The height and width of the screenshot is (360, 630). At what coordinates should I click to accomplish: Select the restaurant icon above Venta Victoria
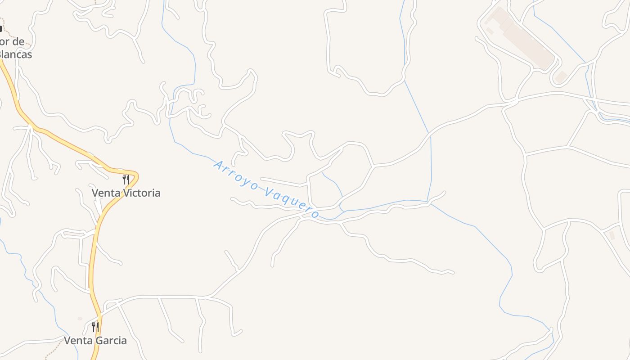pyautogui.click(x=126, y=180)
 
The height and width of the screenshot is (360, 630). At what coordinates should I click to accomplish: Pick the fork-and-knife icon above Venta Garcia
pyautogui.click(x=95, y=327)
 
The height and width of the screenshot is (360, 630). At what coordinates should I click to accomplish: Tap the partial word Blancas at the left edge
pyautogui.click(x=16, y=54)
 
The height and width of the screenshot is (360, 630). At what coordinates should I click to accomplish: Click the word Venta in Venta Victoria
pyautogui.click(x=103, y=193)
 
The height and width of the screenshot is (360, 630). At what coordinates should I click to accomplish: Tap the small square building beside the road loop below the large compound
pyautogui.click(x=561, y=77)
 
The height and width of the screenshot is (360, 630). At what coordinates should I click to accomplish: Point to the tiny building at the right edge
pyautogui.click(x=612, y=235)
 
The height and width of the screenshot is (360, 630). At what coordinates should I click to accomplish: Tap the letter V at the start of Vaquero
pyautogui.click(x=269, y=193)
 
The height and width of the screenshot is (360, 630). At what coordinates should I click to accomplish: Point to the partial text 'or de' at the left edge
pyautogui.click(x=12, y=42)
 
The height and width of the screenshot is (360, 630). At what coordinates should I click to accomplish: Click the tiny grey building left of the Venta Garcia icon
pyautogui.click(x=80, y=319)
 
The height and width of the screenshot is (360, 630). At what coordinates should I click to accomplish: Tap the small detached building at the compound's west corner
pyautogui.click(x=489, y=31)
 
